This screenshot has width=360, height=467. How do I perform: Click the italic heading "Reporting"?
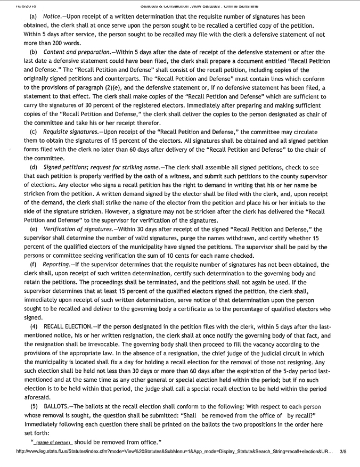(x=57, y=264)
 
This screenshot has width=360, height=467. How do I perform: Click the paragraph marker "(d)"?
(x=33, y=167)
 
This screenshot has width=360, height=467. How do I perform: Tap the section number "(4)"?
(x=34, y=325)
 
